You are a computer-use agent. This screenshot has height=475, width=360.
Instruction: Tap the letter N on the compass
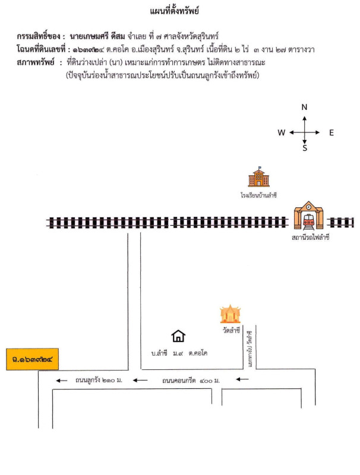pyautogui.click(x=304, y=107)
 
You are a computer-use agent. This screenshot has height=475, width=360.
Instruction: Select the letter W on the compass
pyautogui.click(x=281, y=133)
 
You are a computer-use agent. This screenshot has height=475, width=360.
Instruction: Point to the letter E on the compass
pyautogui.click(x=331, y=133)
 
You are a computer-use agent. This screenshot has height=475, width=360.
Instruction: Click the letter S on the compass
pyautogui.click(x=305, y=149)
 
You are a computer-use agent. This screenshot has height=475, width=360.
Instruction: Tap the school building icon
pyautogui.click(x=258, y=178)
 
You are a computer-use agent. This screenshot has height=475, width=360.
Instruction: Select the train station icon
pyautogui.click(x=308, y=217)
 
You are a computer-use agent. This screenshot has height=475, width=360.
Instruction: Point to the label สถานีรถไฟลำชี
pyautogui.click(x=310, y=237)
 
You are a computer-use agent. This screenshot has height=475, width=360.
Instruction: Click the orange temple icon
pyautogui.click(x=230, y=313)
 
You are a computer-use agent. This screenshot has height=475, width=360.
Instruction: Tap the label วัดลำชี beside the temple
pyautogui.click(x=232, y=330)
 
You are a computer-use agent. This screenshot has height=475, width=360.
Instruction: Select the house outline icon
pyautogui.click(x=178, y=337)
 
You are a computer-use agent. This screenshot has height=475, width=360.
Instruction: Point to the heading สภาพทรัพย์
pyautogui.click(x=36, y=62)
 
